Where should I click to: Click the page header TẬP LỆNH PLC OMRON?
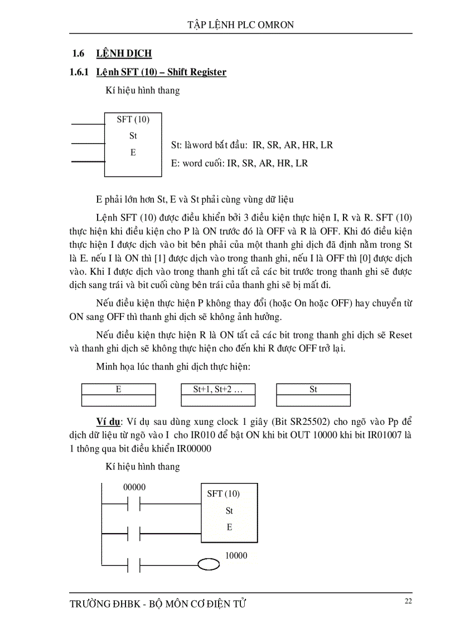(240, 25)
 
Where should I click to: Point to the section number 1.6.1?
(80, 72)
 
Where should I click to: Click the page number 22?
(408, 601)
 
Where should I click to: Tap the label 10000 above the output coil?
(236, 556)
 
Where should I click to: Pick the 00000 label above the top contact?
(134, 487)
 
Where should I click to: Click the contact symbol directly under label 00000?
(134, 505)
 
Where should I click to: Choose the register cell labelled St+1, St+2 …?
(218, 390)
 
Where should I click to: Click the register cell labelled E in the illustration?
(119, 390)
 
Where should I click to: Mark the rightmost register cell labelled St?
(313, 390)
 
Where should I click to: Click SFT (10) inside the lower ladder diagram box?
(223, 494)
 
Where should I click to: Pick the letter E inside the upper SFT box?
(133, 152)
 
